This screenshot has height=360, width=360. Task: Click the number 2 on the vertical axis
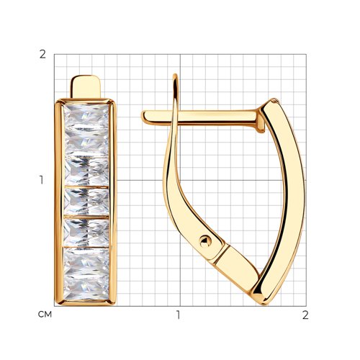(x=42, y=55)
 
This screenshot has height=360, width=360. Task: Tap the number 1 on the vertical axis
(x=42, y=180)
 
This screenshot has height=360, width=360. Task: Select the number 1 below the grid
(x=178, y=315)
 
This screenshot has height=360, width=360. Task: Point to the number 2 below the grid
(x=305, y=315)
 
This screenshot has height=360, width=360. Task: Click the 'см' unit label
(x=45, y=314)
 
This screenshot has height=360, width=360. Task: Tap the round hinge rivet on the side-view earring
(x=205, y=241)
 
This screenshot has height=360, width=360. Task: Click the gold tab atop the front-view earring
(x=85, y=86)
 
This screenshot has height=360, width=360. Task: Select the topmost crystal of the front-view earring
(x=86, y=117)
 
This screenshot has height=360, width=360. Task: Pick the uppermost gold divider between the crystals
(x=86, y=186)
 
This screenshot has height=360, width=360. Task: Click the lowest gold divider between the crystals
(x=86, y=247)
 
